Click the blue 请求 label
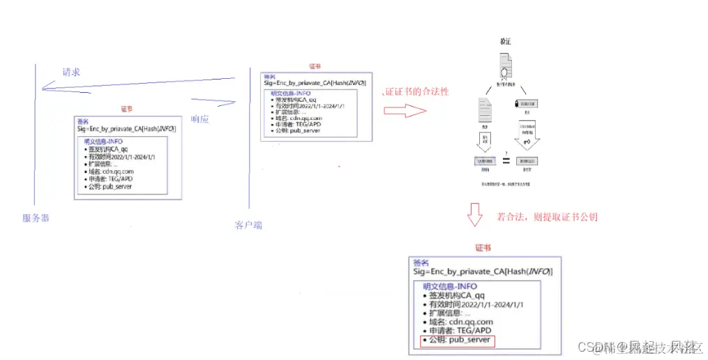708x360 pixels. click(70, 72)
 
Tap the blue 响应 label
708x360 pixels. click(201, 119)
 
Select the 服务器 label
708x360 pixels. click(36, 218)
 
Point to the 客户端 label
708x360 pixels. click(248, 225)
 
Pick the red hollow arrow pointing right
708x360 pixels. click(405, 111)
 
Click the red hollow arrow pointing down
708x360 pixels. click(475, 216)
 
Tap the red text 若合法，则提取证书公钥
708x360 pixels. click(547, 217)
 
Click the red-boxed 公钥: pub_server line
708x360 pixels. click(457, 340)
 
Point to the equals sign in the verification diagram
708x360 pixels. click(506, 160)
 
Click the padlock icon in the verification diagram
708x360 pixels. click(516, 103)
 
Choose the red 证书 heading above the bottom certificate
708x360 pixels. click(483, 248)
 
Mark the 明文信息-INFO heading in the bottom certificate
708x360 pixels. click(450, 286)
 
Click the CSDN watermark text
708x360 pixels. click(592, 347)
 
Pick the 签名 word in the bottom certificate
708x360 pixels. click(421, 262)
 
